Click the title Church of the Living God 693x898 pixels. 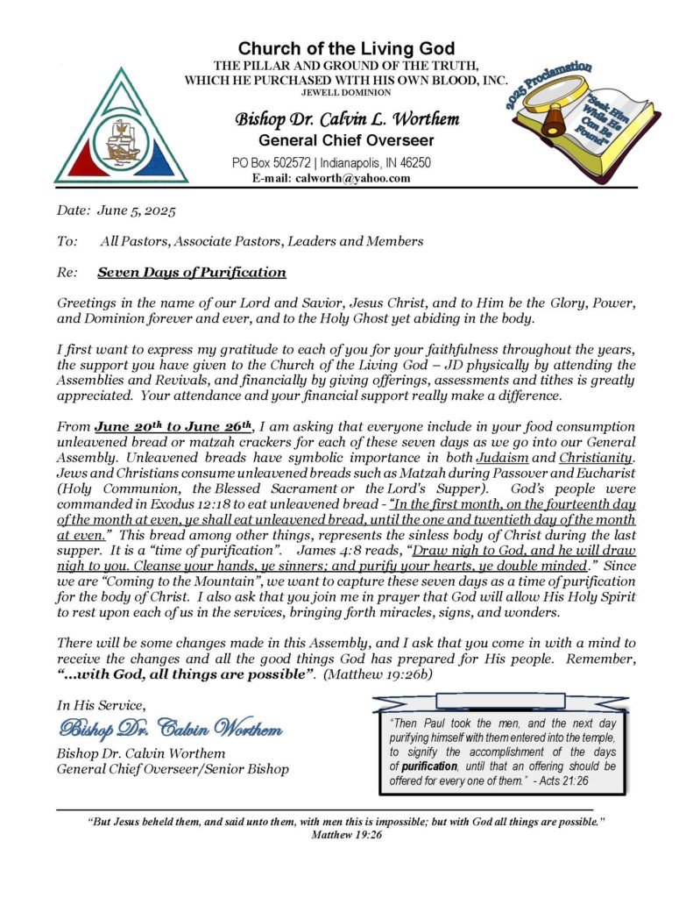click(346, 48)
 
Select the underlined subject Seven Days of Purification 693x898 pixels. click(191, 272)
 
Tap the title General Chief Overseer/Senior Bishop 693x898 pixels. click(172, 770)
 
